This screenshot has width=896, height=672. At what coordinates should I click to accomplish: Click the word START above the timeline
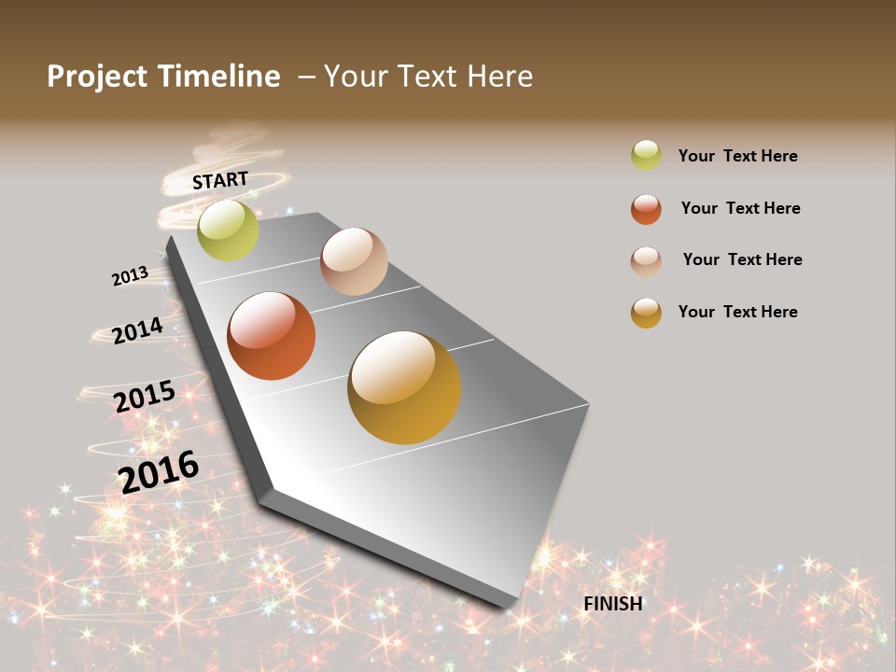click(220, 180)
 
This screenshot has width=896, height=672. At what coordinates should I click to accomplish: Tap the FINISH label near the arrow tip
click(613, 604)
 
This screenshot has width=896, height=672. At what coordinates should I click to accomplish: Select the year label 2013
click(130, 276)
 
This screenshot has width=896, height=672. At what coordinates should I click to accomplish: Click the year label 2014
click(137, 330)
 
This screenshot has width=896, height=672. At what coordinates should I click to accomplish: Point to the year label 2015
click(145, 397)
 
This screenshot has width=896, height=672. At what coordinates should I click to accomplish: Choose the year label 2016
click(159, 471)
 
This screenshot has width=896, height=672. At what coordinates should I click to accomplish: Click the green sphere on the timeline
click(228, 231)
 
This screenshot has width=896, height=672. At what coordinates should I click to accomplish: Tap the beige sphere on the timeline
click(354, 261)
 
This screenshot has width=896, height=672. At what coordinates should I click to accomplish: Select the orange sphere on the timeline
click(272, 336)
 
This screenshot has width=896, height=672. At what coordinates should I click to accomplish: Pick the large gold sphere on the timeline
click(404, 387)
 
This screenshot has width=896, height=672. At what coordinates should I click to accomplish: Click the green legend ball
click(646, 155)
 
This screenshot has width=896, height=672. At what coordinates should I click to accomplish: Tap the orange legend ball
click(646, 209)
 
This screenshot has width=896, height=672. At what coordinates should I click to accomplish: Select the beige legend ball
click(646, 261)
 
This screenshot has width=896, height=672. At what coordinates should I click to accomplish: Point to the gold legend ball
click(646, 313)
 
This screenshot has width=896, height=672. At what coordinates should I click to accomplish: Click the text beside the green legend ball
click(737, 156)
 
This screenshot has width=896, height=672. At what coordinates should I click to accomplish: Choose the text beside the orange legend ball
click(740, 208)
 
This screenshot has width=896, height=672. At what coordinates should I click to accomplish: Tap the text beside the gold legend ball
click(737, 312)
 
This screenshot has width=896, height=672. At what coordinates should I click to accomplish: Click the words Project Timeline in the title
click(163, 77)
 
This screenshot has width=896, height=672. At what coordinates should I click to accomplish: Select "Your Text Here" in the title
click(428, 77)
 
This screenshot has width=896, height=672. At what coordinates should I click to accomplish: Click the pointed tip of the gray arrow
click(509, 605)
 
